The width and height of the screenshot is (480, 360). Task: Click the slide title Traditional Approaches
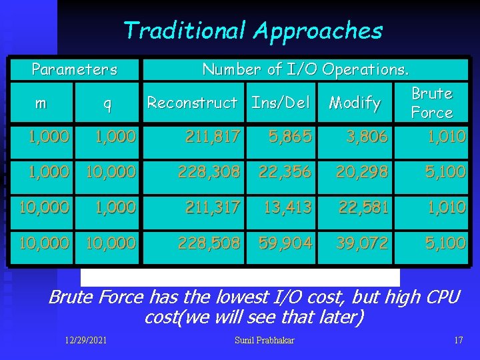253,31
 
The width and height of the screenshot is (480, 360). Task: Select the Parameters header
75,69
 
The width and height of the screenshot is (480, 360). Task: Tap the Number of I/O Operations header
306,69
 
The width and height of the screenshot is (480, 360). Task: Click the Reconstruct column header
192,103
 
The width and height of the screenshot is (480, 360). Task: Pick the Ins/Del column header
281,103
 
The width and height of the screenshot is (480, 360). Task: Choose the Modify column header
355,103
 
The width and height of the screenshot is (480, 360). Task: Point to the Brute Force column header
431,103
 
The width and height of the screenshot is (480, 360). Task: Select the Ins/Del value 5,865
290,137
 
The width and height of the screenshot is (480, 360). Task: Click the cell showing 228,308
208,172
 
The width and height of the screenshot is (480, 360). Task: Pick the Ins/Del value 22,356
285,172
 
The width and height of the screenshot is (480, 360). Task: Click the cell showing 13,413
287,207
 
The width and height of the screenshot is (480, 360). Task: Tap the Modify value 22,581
363,207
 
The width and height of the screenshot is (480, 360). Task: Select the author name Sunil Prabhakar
264,341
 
